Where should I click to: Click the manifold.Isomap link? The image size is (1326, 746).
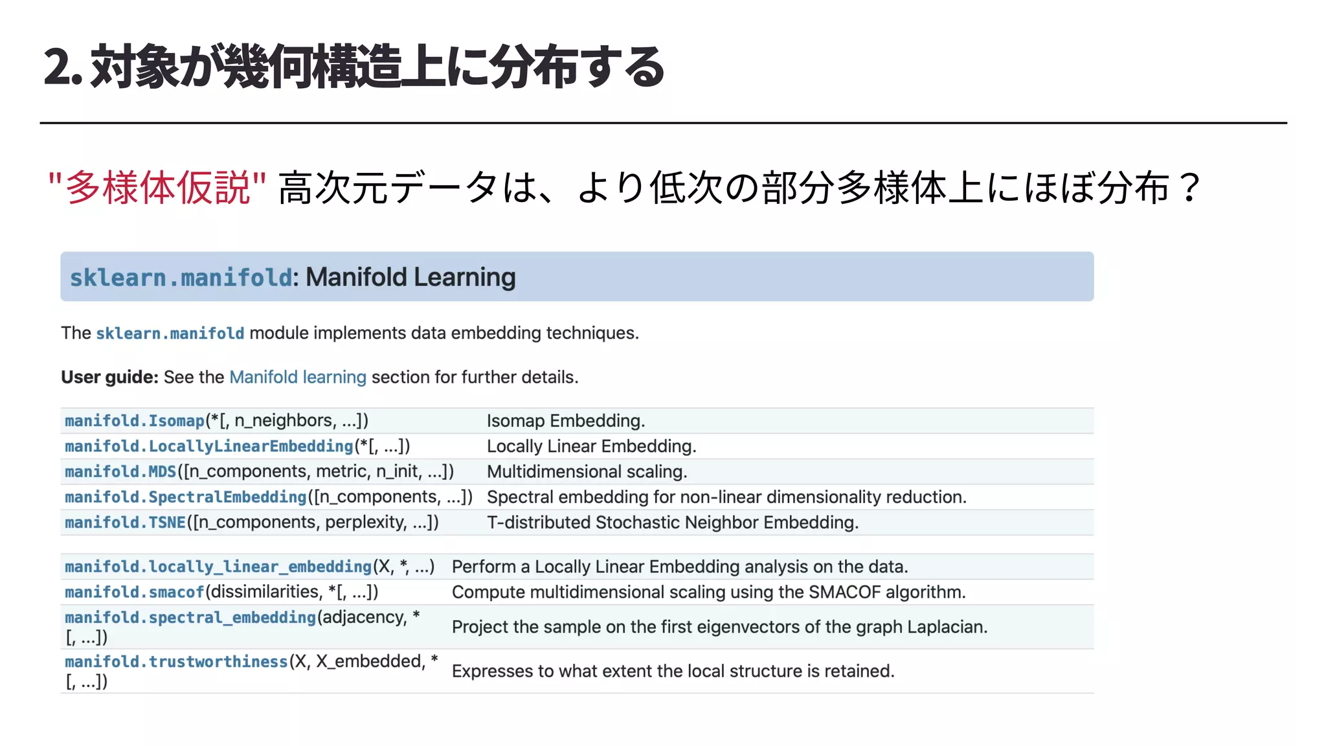(135, 421)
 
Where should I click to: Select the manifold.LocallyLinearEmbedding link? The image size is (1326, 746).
(208, 446)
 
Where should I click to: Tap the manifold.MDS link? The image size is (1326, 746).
(120, 471)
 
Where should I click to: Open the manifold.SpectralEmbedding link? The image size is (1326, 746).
(185, 497)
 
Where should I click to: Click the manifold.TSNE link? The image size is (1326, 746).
(125, 523)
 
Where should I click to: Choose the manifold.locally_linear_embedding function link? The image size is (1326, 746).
(218, 567)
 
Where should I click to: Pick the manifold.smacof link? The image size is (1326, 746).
(134, 592)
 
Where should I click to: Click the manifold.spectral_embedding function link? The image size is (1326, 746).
(190, 617)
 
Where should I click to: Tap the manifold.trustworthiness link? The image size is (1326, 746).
(176, 661)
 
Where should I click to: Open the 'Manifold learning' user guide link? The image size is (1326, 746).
(298, 377)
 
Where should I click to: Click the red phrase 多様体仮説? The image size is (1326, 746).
(157, 188)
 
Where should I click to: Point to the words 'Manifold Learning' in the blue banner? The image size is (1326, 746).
(410, 277)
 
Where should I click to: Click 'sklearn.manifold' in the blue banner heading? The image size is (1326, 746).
(181, 278)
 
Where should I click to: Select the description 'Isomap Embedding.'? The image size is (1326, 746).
(565, 421)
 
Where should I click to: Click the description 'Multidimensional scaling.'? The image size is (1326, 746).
(587, 471)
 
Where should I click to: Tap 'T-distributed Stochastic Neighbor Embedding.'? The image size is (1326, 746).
(672, 523)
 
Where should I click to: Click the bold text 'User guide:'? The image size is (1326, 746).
(109, 377)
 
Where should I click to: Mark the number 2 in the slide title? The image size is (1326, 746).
(56, 67)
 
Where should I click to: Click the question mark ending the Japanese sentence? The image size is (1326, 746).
(1189, 188)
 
